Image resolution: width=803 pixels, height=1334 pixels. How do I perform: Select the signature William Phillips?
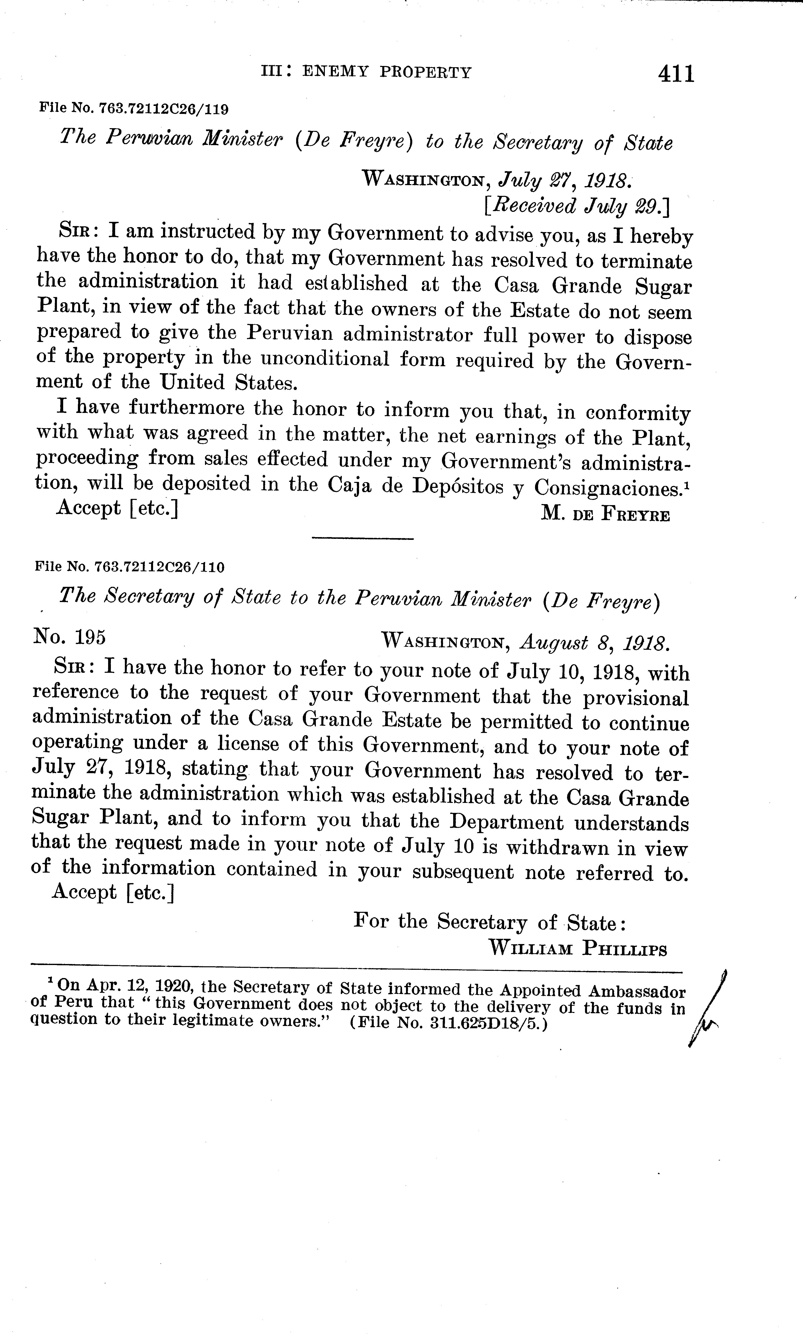coord(578,949)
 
